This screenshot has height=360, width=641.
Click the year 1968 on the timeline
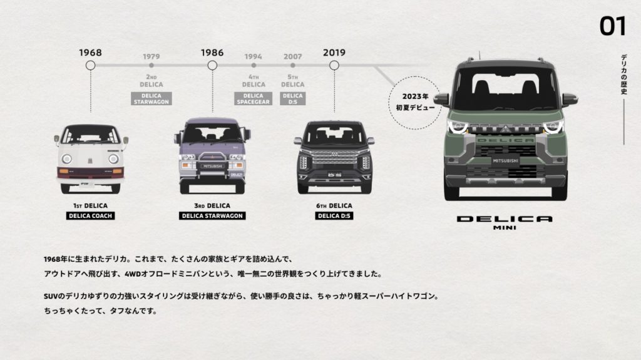[90, 53]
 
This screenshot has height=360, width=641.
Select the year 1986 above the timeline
[212, 53]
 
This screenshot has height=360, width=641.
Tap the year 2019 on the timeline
[334, 53]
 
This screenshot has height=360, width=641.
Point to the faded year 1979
[151, 56]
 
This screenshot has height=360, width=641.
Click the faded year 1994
[254, 56]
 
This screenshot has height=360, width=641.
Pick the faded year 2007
[293, 56]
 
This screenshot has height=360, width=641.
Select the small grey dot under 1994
[254, 65]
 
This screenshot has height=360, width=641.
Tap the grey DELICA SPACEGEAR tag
[254, 98]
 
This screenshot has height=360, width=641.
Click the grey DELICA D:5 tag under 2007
[293, 98]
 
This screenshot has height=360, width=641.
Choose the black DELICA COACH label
[90, 215]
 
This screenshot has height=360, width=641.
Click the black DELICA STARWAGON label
[212, 215]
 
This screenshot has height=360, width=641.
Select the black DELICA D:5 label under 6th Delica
[334, 215]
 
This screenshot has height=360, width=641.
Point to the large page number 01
[612, 26]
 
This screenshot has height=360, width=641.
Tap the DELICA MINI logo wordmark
[505, 222]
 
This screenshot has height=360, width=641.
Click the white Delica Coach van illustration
[90, 159]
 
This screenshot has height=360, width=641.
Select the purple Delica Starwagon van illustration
[212, 156]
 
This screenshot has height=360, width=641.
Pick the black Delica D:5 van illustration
[334, 157]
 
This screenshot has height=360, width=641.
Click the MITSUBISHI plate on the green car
[506, 161]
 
